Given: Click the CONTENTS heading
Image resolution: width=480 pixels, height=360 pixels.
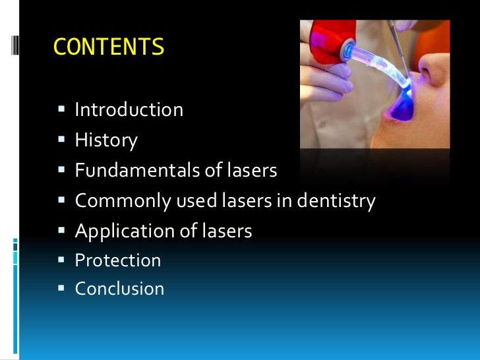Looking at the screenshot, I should [x=108, y=47].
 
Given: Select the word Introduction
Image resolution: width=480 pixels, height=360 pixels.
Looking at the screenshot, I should [x=129, y=109].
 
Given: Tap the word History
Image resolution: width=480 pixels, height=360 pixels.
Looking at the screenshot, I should [x=106, y=140].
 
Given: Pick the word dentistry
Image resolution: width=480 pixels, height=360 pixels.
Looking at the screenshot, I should [x=336, y=200].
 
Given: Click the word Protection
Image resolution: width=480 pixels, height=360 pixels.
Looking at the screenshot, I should [x=118, y=260].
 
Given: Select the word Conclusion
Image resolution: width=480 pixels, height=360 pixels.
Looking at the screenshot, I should [x=119, y=289].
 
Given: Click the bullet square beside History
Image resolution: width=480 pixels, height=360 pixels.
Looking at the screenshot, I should [x=61, y=140].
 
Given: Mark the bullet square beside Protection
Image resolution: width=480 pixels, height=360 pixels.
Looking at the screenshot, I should [x=61, y=260].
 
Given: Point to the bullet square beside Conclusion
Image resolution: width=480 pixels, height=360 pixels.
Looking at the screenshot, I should [x=61, y=289].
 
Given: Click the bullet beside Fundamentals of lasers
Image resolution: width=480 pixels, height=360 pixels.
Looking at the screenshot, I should [x=61, y=170].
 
